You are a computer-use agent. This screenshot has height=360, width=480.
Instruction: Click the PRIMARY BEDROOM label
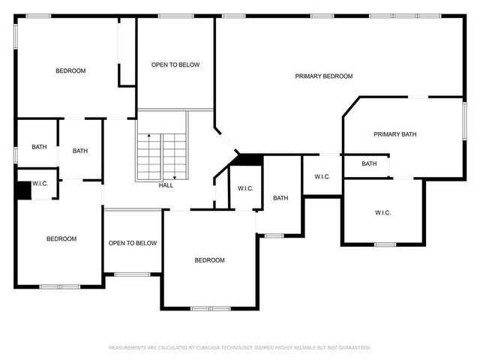323,76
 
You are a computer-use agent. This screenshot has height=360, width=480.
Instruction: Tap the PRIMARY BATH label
394,134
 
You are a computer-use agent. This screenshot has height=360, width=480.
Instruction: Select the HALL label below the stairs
166,185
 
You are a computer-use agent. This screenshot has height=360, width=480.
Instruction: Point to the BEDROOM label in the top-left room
70,71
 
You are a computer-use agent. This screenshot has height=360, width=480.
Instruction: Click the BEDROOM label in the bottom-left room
61,239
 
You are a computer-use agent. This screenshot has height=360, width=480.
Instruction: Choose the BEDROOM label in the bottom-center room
210,260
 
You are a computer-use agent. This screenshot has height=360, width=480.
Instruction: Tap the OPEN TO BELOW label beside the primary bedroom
175,65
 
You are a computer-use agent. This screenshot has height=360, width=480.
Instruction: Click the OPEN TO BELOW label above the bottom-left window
133,243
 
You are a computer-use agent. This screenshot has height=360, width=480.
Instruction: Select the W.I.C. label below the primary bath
382,213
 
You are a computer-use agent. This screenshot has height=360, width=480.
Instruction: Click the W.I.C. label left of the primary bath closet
322,177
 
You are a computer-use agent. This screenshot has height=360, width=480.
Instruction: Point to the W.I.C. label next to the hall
246,188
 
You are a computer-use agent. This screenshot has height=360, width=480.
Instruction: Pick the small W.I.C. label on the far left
40,184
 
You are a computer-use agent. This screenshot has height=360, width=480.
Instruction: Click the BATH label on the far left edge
39,147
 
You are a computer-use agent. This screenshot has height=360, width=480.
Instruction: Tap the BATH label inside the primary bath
369,164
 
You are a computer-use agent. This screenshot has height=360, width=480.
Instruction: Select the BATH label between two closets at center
280,198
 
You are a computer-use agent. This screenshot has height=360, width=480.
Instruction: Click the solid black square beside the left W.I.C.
24,190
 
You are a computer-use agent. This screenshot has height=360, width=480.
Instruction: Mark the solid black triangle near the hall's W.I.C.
247,159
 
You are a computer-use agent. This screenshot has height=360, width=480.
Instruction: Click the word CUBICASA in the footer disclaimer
211,348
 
